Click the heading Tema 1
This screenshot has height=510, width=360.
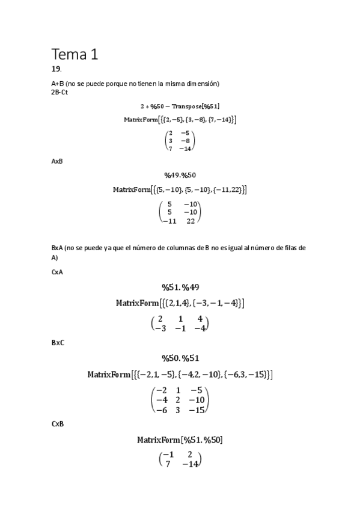[x=75, y=54]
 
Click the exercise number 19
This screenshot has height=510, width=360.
[x=56, y=70]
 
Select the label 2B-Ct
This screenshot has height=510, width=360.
[x=59, y=92]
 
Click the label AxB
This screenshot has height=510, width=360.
[x=57, y=161]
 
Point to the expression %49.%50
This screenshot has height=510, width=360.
[x=180, y=175]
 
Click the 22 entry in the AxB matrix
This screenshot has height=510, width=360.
[x=191, y=221]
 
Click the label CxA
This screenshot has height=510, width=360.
[x=57, y=272]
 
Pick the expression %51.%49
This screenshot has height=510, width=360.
[x=180, y=287]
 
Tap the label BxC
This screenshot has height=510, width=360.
[x=58, y=342]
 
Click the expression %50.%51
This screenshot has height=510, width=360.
[x=180, y=358]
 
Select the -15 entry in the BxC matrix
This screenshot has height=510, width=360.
[x=197, y=410]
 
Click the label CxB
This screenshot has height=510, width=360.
[x=58, y=424]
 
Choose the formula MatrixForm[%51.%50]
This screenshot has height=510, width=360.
[x=180, y=440]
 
